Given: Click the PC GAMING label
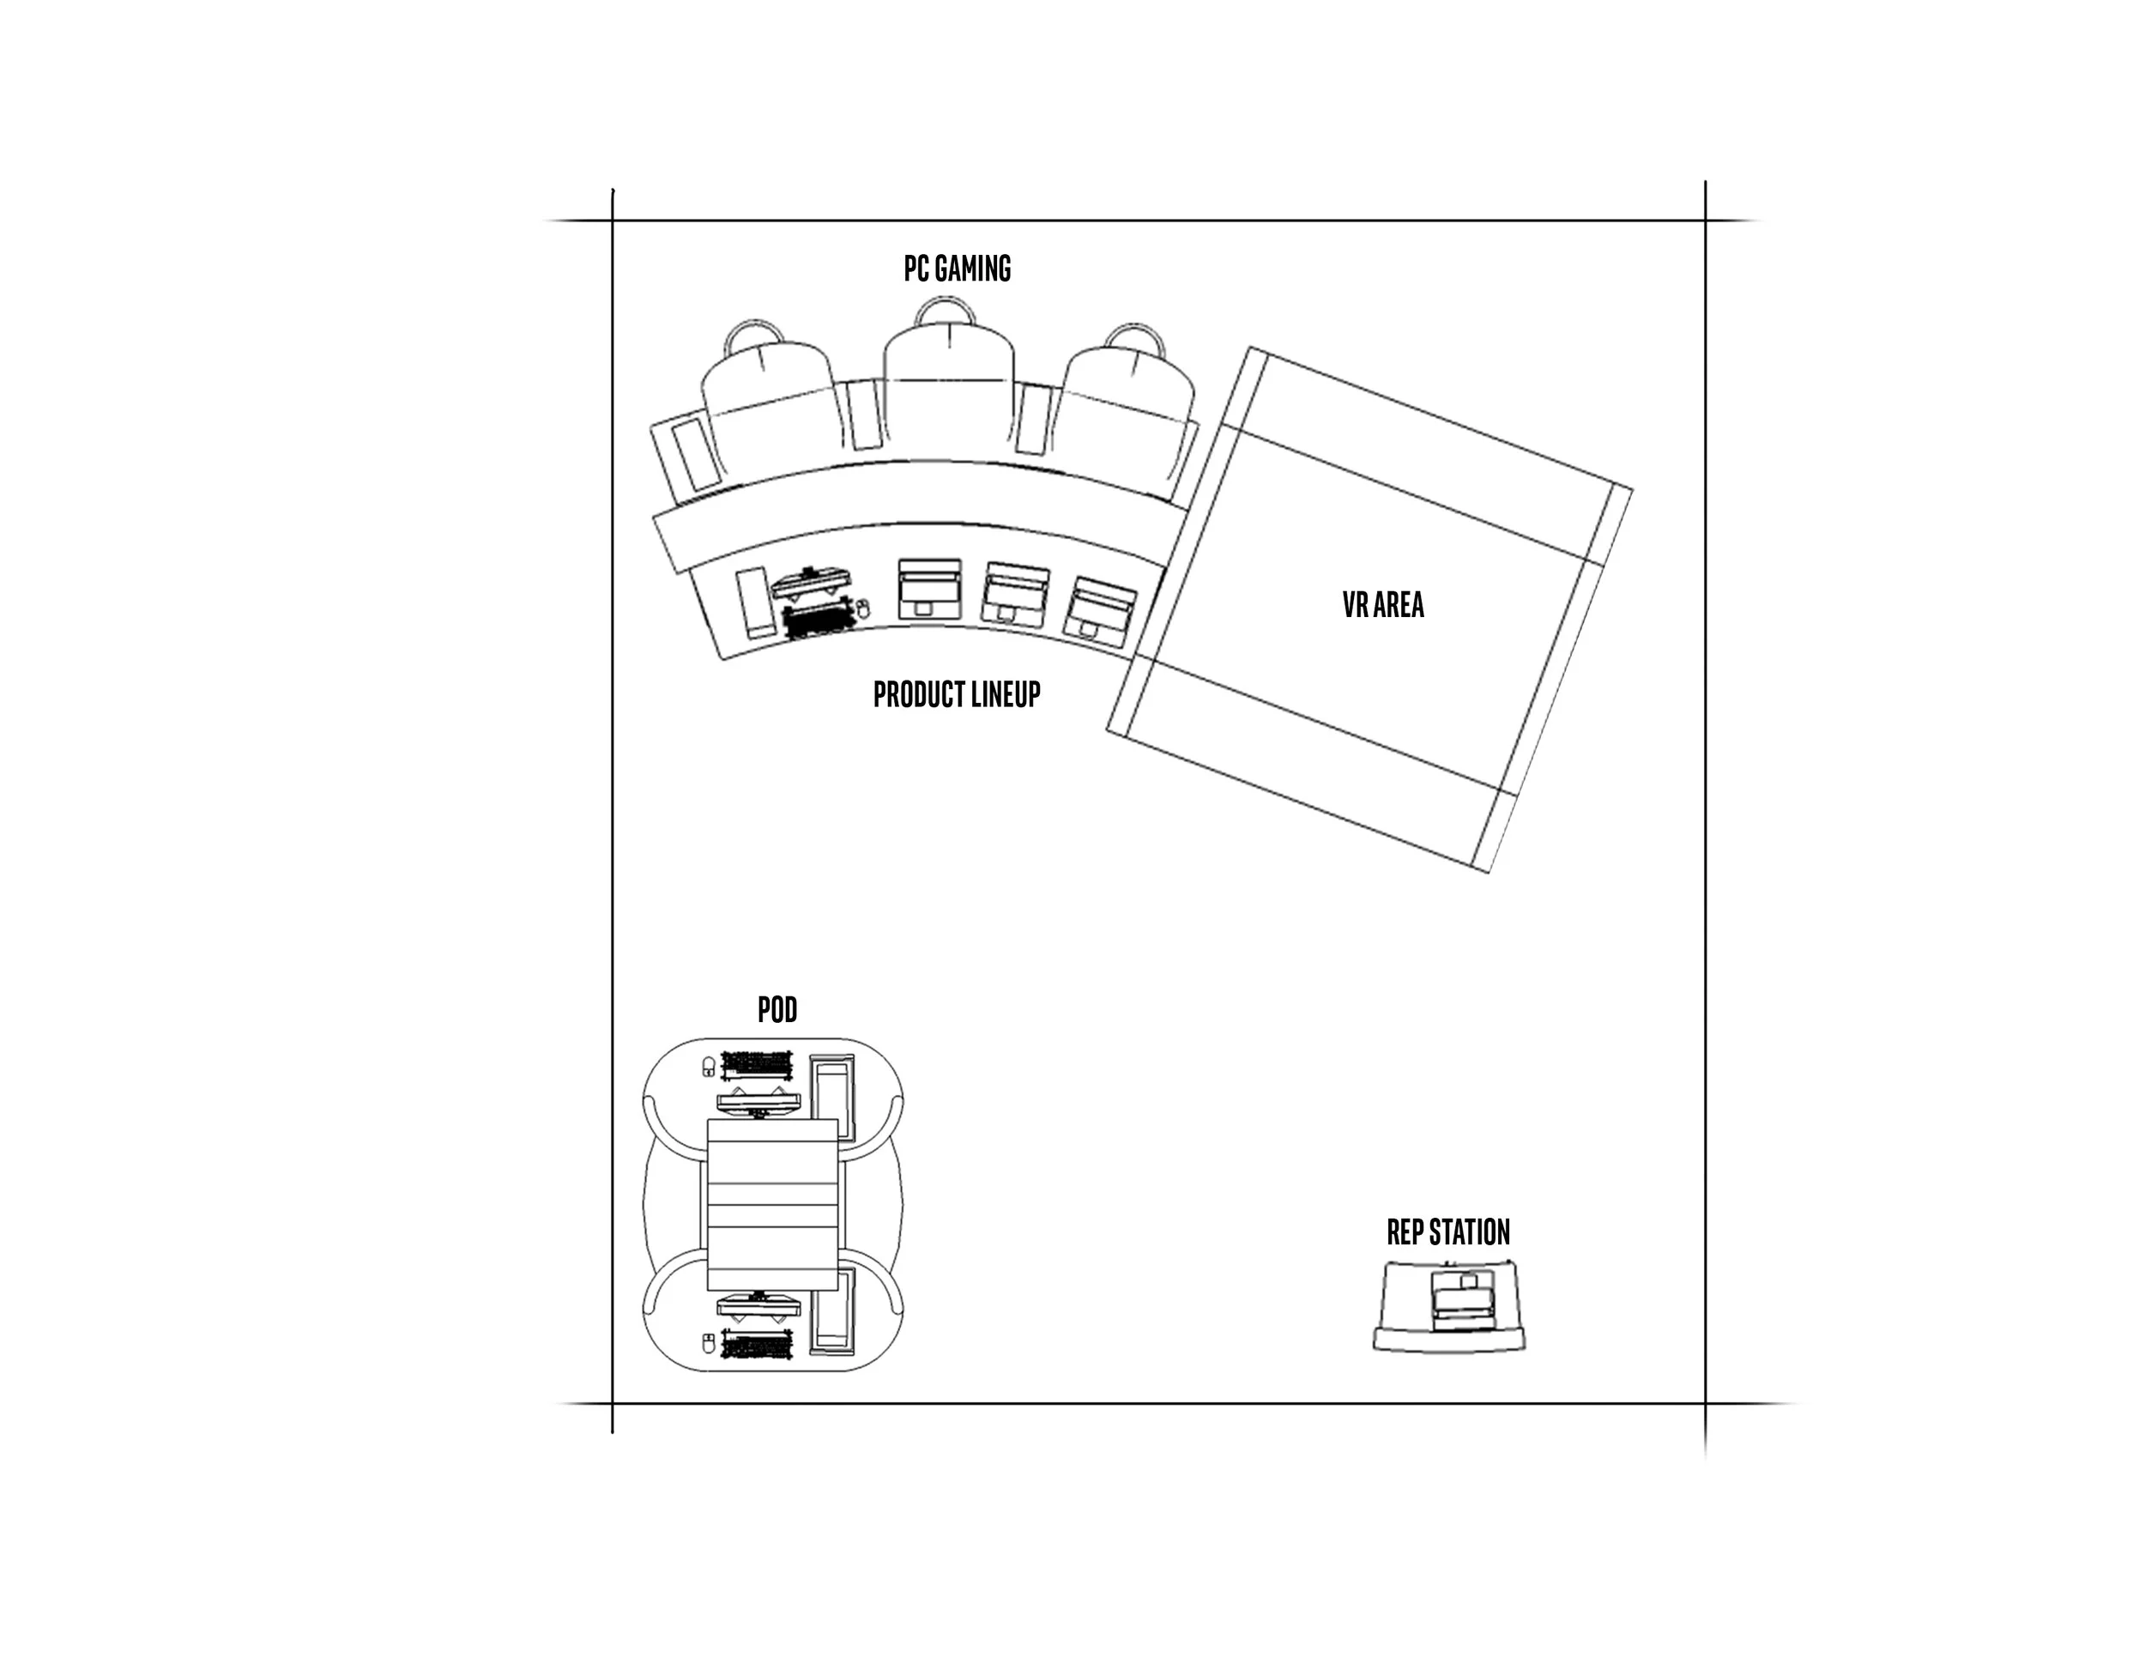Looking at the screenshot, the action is pyautogui.click(x=957, y=268).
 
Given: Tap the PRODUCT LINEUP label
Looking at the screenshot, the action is pyautogui.click(x=956, y=694).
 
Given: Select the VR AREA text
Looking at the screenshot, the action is pyautogui.click(x=1383, y=604).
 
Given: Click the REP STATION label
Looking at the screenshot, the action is pyautogui.click(x=1447, y=1231).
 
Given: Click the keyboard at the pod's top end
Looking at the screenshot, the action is pyautogui.click(x=758, y=1064).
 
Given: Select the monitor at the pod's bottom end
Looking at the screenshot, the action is pyautogui.click(x=758, y=1305).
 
